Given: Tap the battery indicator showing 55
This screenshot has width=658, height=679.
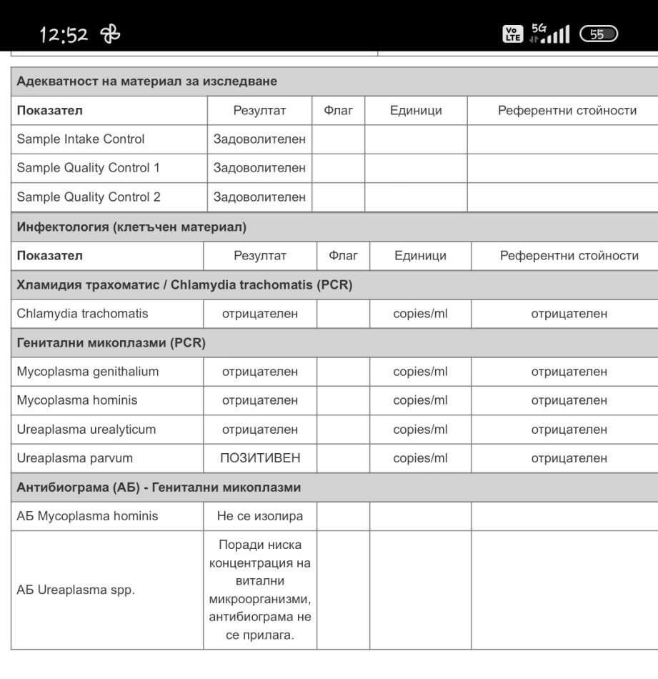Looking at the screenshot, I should click(599, 34).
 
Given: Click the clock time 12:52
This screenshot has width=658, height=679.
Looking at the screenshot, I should click(64, 34).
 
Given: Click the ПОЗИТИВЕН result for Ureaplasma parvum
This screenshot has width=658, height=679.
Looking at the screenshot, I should click(260, 458).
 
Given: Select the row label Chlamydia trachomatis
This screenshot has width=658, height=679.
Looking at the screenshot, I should click(83, 313).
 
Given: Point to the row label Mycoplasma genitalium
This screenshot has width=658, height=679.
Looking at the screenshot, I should click(88, 372).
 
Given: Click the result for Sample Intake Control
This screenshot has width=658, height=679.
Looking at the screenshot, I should click(259, 139).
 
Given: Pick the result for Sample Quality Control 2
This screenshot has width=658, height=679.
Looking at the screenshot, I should click(259, 197).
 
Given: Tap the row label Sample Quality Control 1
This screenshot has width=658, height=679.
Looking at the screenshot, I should click(89, 168).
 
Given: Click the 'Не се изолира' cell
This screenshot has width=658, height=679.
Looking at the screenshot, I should click(260, 516).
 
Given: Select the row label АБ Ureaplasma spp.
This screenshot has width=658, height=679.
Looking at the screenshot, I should click(76, 590).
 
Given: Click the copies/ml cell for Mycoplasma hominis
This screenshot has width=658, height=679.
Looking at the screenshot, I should click(420, 400).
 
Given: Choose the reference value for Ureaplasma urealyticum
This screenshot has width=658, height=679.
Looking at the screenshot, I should click(569, 430).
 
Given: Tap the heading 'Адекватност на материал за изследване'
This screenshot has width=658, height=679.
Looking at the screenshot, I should click(147, 81).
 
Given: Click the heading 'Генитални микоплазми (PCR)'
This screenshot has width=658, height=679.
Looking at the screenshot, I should click(111, 343).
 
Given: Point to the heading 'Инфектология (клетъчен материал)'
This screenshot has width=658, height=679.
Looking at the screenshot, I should click(131, 227).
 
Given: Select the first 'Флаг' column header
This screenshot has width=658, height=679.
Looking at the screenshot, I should click(339, 111).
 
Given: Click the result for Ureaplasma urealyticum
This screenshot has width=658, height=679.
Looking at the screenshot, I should click(260, 430).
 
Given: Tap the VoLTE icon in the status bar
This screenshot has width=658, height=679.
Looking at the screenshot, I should click(512, 34).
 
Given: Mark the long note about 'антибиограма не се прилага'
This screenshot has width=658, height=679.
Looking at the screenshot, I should click(260, 590).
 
